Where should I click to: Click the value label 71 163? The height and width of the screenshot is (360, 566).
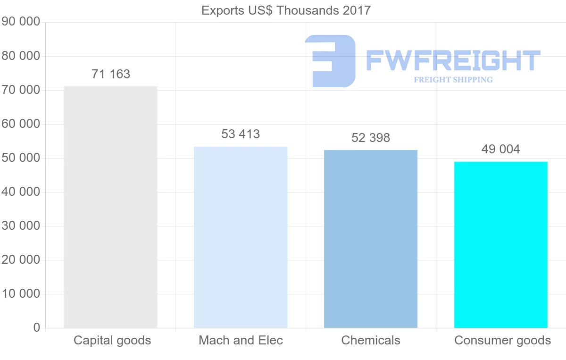tap(111, 74)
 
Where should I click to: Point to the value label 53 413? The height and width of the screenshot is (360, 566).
tap(241, 134)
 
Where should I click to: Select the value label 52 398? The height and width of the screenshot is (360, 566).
tap(371, 138)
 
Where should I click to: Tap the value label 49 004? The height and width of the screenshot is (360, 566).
tap(500, 149)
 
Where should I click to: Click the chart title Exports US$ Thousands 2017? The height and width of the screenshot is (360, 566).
tap(286, 10)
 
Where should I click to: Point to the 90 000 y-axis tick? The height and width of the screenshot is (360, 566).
tap(21, 22)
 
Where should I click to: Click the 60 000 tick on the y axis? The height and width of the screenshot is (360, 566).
tap(21, 124)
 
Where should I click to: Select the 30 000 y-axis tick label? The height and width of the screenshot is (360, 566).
tap(21, 226)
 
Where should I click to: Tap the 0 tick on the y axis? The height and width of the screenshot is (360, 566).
tap(37, 328)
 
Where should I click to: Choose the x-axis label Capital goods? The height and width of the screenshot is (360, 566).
tap(112, 340)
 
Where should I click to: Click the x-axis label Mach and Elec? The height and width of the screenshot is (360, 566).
tap(241, 340)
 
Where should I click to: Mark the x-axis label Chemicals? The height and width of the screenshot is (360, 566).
tap(371, 340)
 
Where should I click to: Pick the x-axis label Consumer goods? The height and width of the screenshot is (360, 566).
tap(502, 340)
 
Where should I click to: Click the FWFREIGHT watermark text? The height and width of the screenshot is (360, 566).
tap(453, 60)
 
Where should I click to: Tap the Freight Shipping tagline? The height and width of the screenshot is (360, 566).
tap(453, 80)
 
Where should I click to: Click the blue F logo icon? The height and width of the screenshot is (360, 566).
tap(330, 61)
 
